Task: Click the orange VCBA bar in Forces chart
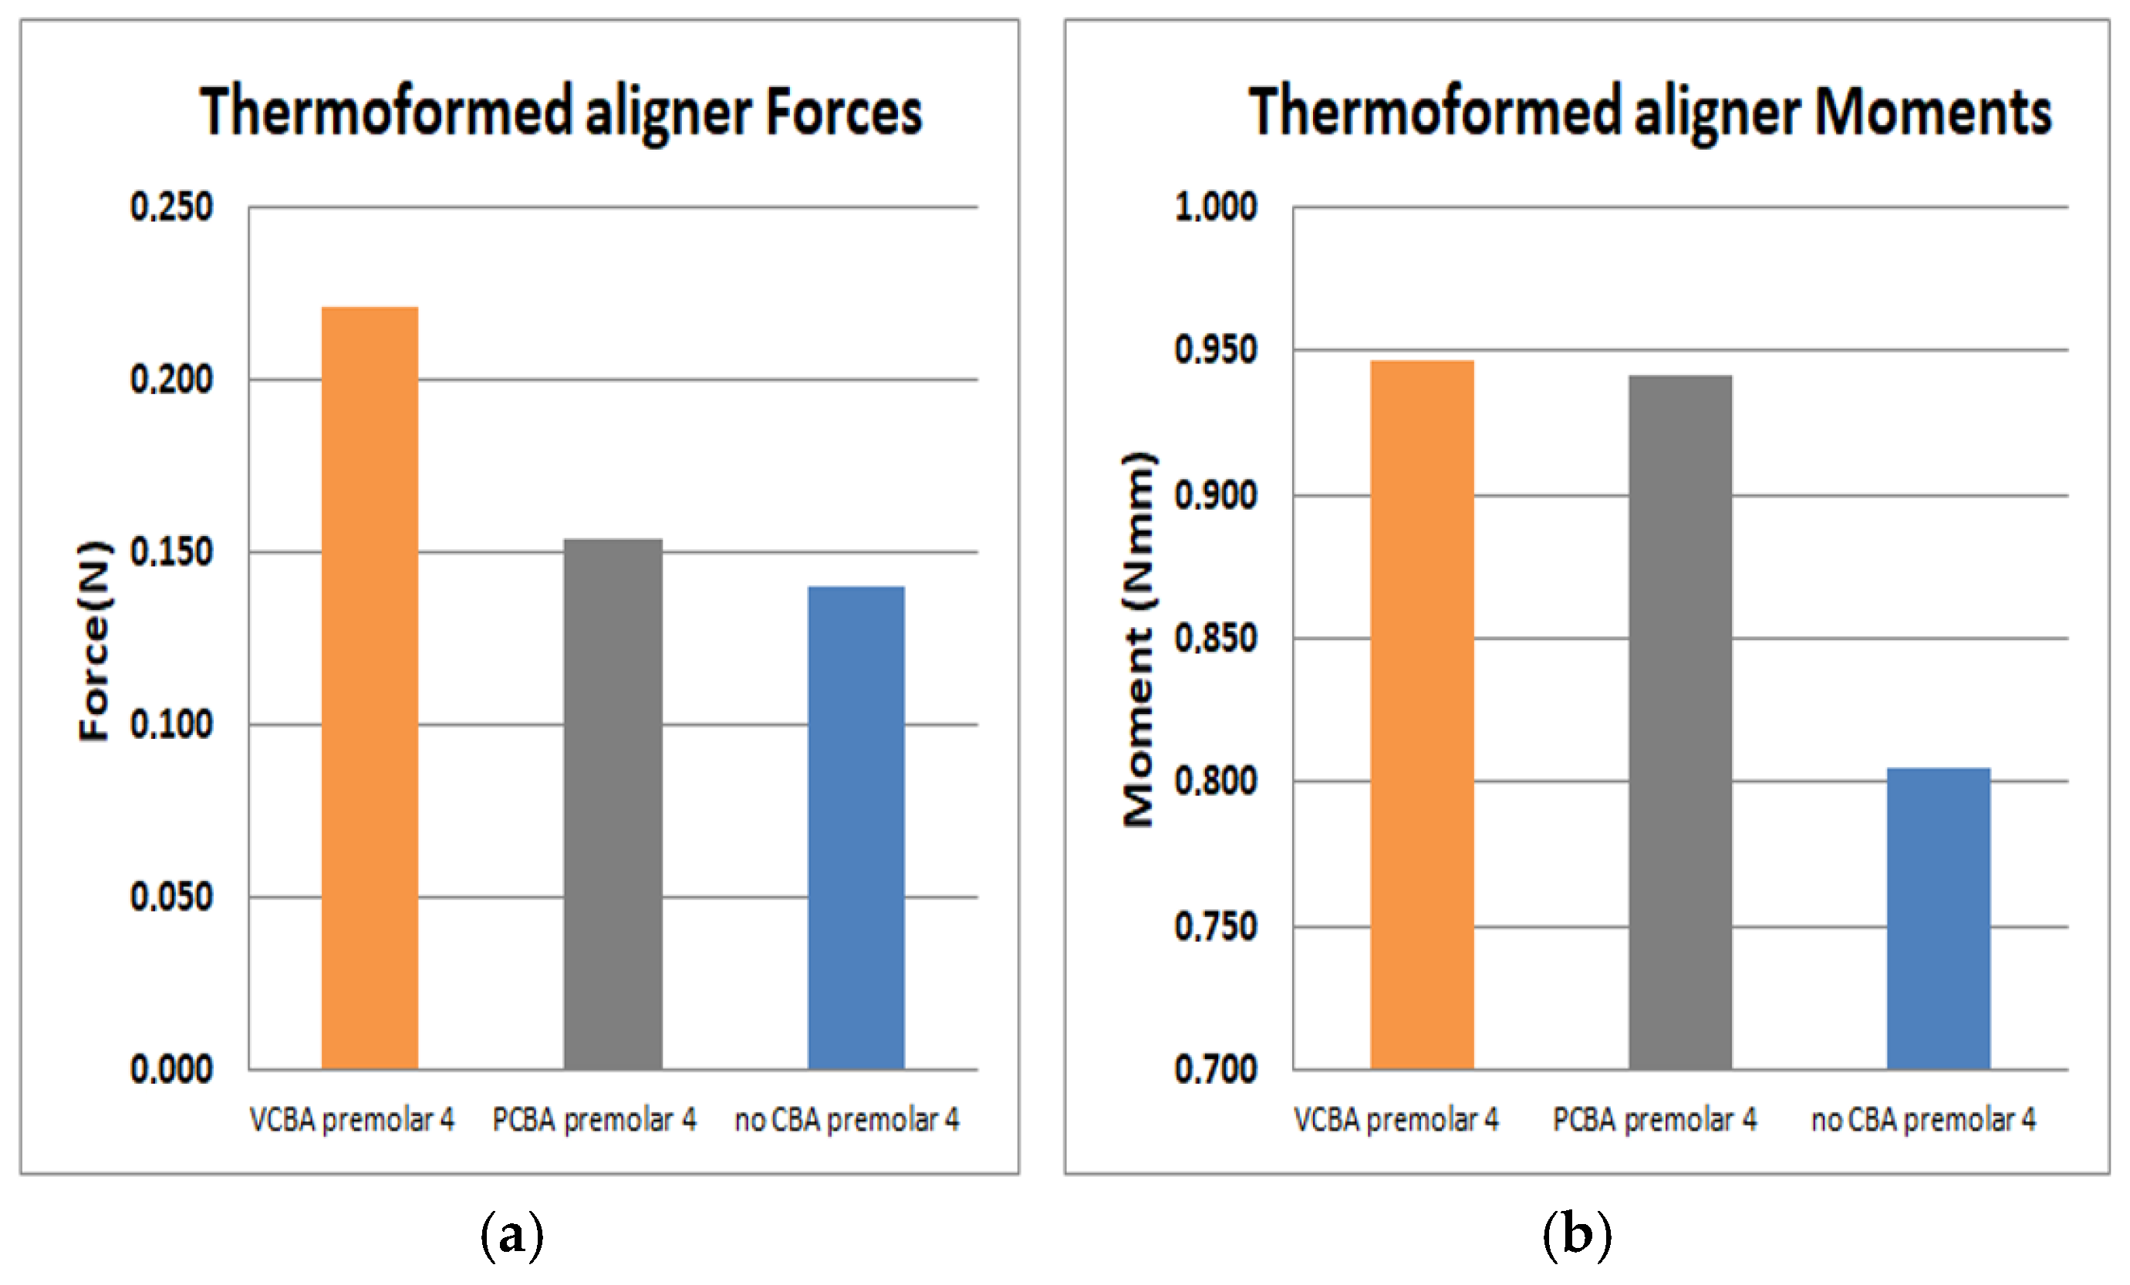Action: pos(370,688)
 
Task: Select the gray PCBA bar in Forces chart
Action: pos(613,804)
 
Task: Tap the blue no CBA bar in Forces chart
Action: pos(856,827)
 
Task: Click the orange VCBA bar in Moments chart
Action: pos(1422,715)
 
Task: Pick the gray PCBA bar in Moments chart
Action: pos(1680,723)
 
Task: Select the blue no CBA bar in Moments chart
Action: pos(1938,918)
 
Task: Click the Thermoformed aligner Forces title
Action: pos(561,113)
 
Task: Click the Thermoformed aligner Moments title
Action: pos(1649,113)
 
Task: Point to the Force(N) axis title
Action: pos(95,640)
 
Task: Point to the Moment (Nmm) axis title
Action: pos(1138,639)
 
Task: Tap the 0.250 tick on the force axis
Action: pos(171,207)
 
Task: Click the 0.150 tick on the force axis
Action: pos(171,552)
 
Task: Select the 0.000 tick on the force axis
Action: pos(171,1070)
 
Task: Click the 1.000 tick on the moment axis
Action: pos(1215,207)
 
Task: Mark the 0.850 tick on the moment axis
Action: pos(1215,639)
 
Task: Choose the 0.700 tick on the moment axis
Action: pos(1215,1070)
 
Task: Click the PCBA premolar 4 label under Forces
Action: pos(595,1120)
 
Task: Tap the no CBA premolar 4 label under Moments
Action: pos(1923,1120)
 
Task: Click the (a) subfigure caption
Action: pos(511,1234)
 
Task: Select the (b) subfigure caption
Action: pos(1577,1234)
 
